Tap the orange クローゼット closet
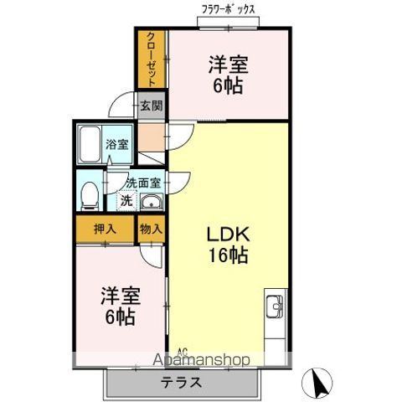point(152,59)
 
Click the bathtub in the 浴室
point(90,146)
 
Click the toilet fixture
point(89,195)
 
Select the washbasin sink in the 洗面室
point(152,201)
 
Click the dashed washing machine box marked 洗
point(125,200)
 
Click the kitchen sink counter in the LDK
point(276,317)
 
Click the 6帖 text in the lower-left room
point(119,318)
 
